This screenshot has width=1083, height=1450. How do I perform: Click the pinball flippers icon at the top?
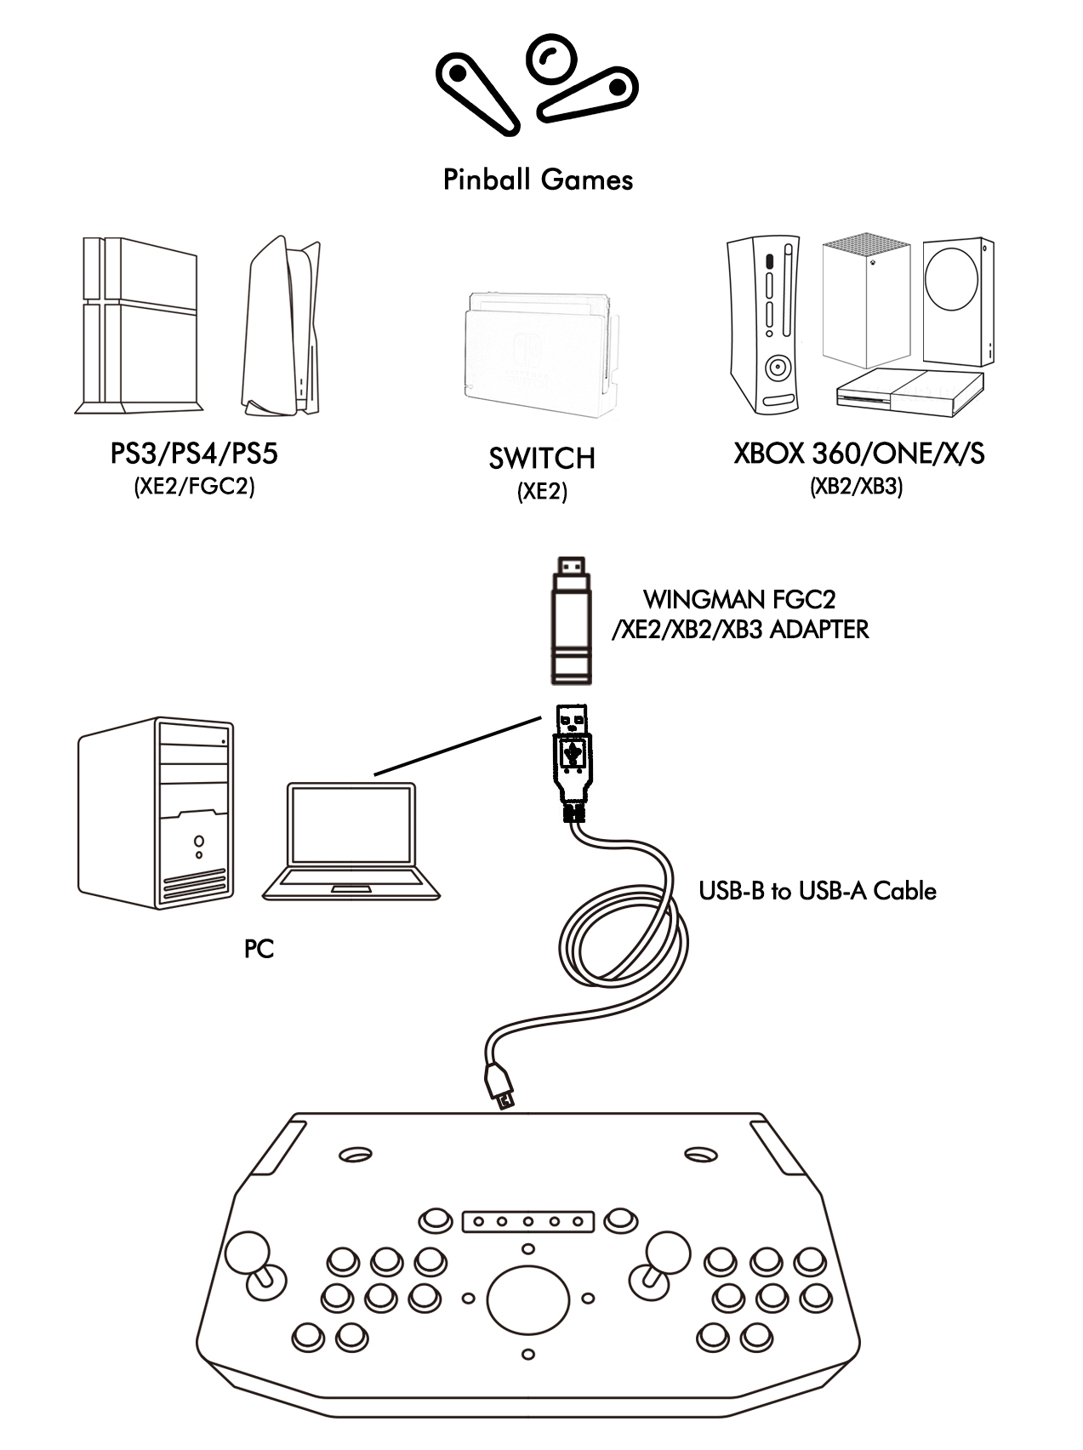pyautogui.click(x=537, y=83)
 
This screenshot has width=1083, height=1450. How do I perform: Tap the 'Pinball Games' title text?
pyautogui.click(x=538, y=180)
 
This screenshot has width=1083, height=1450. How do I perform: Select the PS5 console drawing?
pyautogui.click(x=282, y=326)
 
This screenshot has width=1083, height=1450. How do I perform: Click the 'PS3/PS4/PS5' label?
pyautogui.click(x=194, y=454)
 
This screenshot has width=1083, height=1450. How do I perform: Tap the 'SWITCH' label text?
pyautogui.click(x=542, y=459)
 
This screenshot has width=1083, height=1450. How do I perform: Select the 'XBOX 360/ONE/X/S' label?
pyautogui.click(x=858, y=454)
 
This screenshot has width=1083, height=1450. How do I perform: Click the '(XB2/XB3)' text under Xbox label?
pyautogui.click(x=856, y=487)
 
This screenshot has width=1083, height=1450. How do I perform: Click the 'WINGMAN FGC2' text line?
pyautogui.click(x=739, y=599)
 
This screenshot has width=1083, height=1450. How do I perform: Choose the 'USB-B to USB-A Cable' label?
pyautogui.click(x=817, y=891)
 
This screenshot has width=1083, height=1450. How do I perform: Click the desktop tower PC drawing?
pyautogui.click(x=156, y=813)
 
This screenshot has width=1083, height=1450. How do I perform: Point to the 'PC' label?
pyautogui.click(x=259, y=949)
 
